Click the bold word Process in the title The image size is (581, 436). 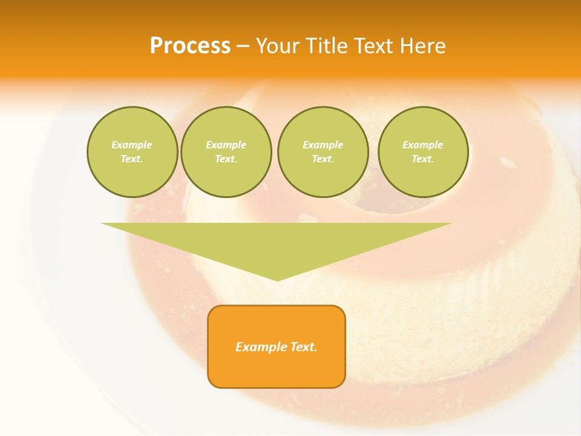point(190,46)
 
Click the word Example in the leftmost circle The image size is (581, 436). point(132,145)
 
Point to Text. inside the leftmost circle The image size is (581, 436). point(132,159)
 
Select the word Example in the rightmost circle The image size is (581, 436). point(422,145)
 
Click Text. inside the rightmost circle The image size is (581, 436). point(422,159)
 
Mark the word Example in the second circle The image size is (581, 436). point(226,145)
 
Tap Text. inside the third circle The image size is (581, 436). point(323,159)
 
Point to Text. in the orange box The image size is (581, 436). point(303,347)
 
